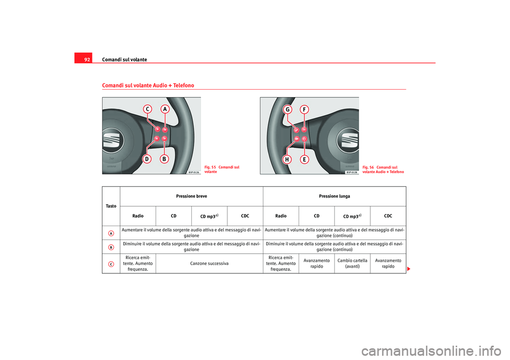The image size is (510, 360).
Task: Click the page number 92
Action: click(87, 59)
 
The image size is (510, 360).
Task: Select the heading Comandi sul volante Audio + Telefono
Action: click(148, 85)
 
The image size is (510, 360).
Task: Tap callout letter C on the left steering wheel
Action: click(147, 109)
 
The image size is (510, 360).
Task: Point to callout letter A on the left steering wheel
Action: click(165, 109)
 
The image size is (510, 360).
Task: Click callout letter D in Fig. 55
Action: click(147, 159)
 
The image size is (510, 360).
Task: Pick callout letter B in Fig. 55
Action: click(164, 159)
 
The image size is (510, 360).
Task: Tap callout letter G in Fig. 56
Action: click(287, 109)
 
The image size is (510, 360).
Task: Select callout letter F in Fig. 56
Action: click(304, 109)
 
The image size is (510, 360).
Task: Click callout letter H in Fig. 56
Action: click(287, 159)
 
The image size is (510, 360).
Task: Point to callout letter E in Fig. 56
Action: click(304, 159)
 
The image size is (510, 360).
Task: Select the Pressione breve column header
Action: click(191, 196)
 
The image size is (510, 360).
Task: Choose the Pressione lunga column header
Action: click(334, 196)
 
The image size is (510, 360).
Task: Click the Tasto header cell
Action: click(111, 206)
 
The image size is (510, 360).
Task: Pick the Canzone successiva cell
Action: click(209, 263)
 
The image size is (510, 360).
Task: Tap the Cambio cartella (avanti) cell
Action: click(352, 263)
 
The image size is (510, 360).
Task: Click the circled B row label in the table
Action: click(111, 247)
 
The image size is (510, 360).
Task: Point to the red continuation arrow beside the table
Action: click(409, 269)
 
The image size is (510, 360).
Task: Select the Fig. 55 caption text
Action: click(222, 169)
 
